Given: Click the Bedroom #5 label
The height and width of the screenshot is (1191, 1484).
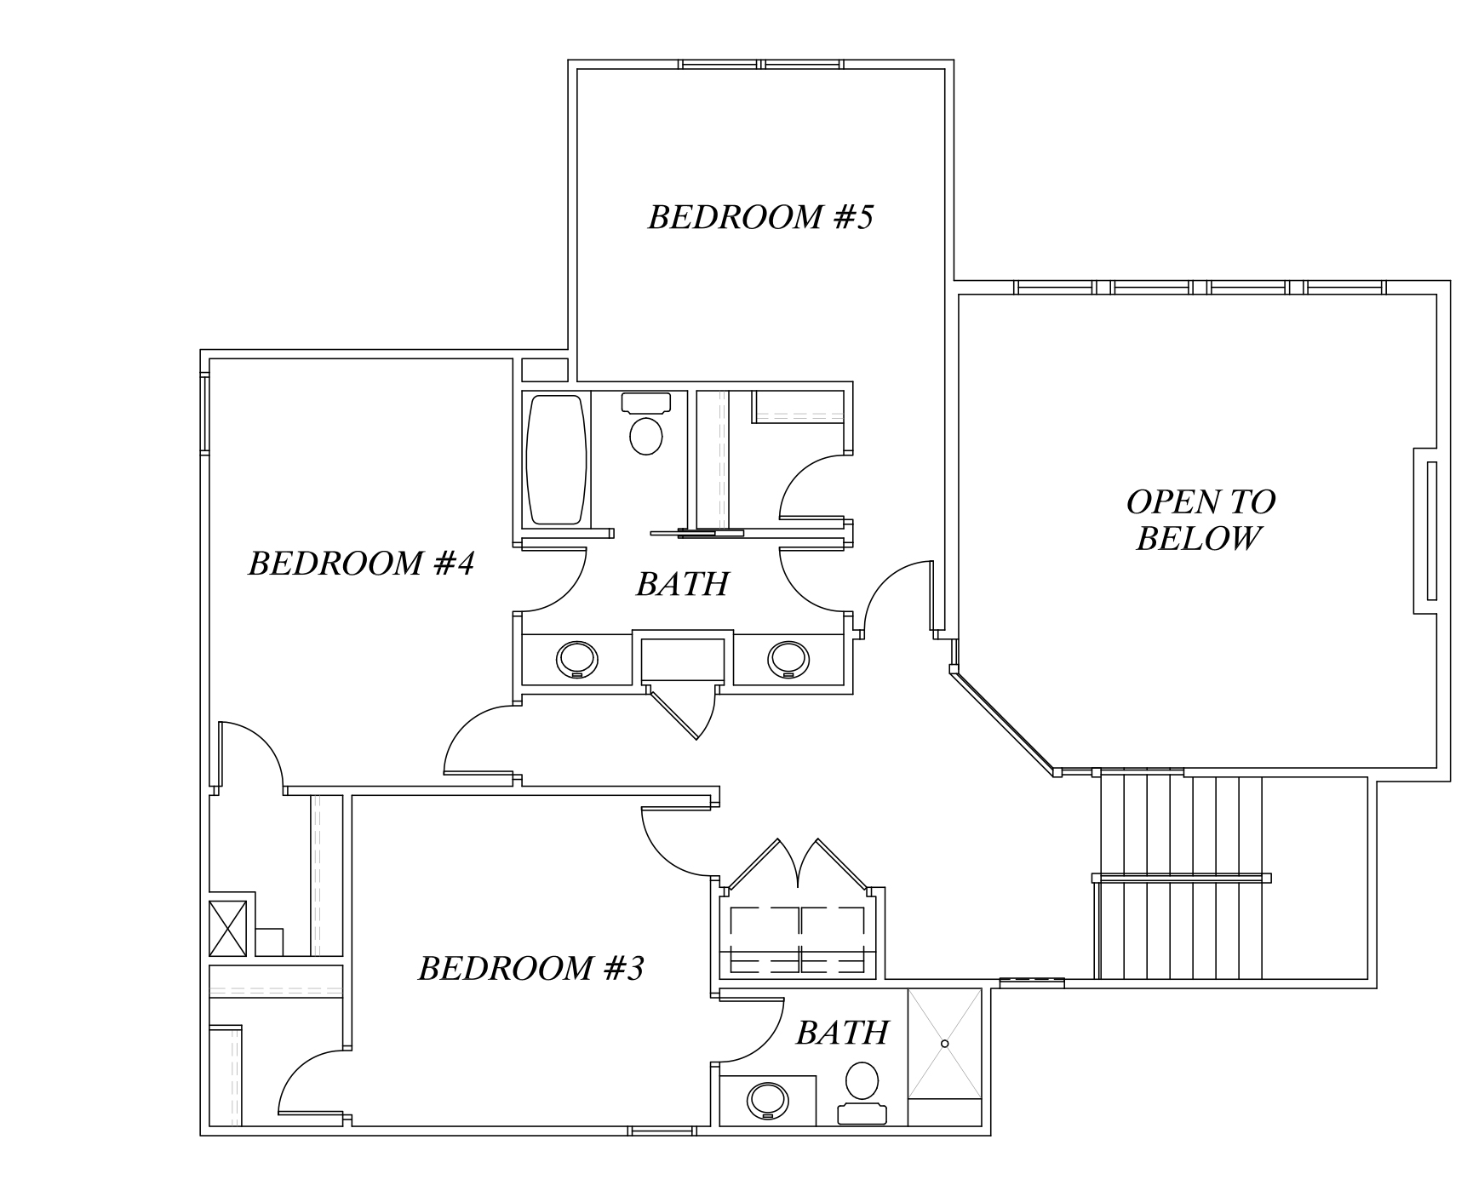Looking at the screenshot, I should [x=760, y=218].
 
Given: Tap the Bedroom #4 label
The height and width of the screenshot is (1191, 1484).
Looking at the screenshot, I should [x=361, y=564].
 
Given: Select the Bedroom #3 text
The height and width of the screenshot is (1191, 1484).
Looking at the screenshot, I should [x=530, y=969].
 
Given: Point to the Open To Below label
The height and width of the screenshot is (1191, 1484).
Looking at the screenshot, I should [x=1200, y=520].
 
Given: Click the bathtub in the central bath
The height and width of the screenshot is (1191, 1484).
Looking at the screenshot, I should [x=557, y=460].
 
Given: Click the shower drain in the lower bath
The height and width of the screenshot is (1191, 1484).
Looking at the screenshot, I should [x=944, y=1044].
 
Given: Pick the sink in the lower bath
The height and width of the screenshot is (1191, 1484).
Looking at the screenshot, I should [x=769, y=1101].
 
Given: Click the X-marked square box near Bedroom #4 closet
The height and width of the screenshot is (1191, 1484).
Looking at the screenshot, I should [x=227, y=928].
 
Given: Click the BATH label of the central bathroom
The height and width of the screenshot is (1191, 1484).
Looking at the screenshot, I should [x=682, y=585].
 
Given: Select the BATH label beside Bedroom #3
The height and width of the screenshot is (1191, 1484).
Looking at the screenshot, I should [x=841, y=1034].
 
